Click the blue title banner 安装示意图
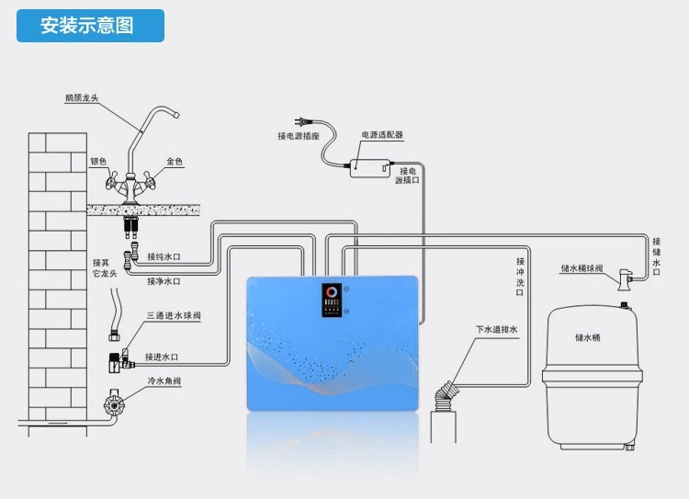point(90,25)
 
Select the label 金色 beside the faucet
point(175,162)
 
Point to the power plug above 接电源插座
point(300,119)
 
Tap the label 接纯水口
point(165,257)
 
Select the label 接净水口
point(165,281)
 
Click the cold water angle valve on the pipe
point(115,401)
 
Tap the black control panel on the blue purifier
point(332,301)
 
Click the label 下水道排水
point(497,330)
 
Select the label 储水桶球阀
point(582,269)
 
